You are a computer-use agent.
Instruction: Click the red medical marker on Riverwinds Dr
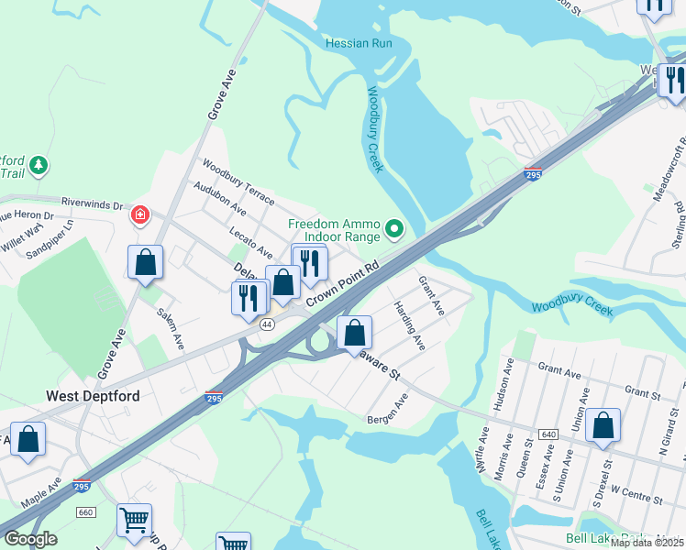coord(140,215)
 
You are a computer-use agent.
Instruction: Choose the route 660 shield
coord(85,511)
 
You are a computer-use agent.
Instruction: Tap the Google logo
coord(31,539)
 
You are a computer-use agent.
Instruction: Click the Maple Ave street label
coord(41,493)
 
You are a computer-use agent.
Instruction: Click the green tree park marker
coord(39,165)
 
